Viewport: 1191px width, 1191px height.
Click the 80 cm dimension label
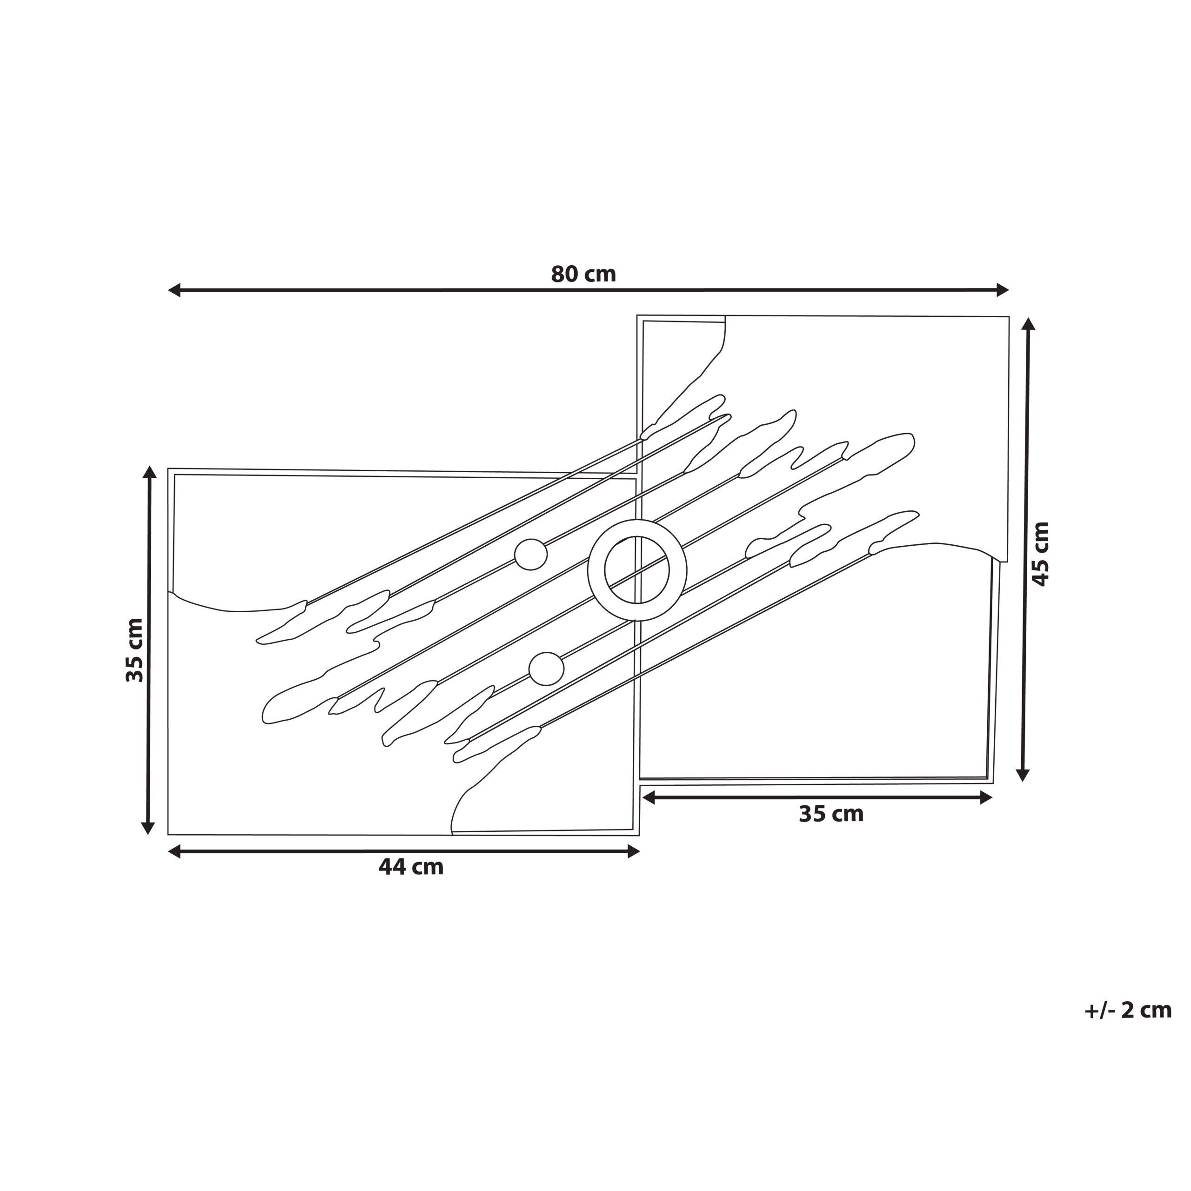583,274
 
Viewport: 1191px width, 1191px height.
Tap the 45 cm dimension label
1041,554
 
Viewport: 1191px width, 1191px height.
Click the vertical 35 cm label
134,650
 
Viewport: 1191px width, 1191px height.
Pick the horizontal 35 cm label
831,814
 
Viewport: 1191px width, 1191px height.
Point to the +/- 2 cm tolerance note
1128,1010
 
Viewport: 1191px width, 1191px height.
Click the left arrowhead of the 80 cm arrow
174,290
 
